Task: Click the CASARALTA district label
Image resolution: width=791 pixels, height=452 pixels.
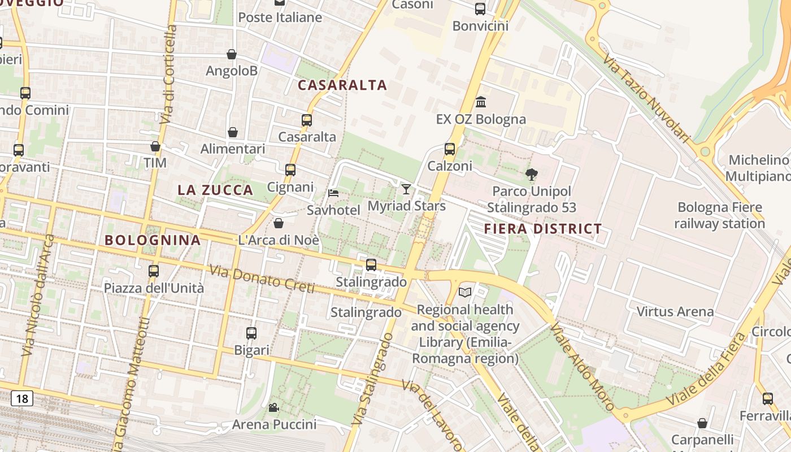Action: tap(342, 85)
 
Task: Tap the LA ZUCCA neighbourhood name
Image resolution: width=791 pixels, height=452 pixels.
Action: tap(215, 190)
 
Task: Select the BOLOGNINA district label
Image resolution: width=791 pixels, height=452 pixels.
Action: tap(153, 240)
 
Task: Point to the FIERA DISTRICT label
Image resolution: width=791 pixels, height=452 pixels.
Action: tap(543, 229)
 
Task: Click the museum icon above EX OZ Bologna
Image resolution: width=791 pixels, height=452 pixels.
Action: tap(481, 102)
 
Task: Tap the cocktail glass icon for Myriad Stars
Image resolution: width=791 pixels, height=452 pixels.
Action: tap(406, 189)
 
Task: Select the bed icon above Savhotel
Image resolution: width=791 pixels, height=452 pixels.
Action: tap(333, 193)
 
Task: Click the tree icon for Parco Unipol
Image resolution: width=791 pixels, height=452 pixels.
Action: tap(531, 175)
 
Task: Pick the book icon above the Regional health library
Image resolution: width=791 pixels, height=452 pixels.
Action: tap(465, 292)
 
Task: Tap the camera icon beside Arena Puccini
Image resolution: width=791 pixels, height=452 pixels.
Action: tap(273, 407)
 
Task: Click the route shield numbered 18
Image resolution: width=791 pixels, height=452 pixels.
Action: tap(21, 399)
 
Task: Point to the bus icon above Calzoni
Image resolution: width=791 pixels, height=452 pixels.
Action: tap(450, 149)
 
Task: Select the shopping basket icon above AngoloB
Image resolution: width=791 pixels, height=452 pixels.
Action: tap(232, 54)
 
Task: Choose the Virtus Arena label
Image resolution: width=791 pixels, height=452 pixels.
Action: tap(675, 311)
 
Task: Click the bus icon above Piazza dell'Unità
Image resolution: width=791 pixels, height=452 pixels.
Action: tap(154, 271)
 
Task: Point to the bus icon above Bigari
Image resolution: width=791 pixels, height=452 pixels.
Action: tap(251, 333)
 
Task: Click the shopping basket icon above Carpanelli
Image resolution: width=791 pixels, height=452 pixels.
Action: tap(702, 423)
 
